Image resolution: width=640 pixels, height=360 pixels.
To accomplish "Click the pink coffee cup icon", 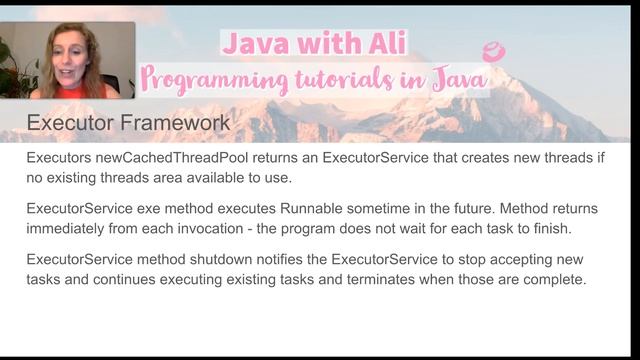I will pyautogui.click(x=493, y=52).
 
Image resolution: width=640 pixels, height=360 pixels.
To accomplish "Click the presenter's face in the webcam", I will pyautogui.click(x=71, y=51).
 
